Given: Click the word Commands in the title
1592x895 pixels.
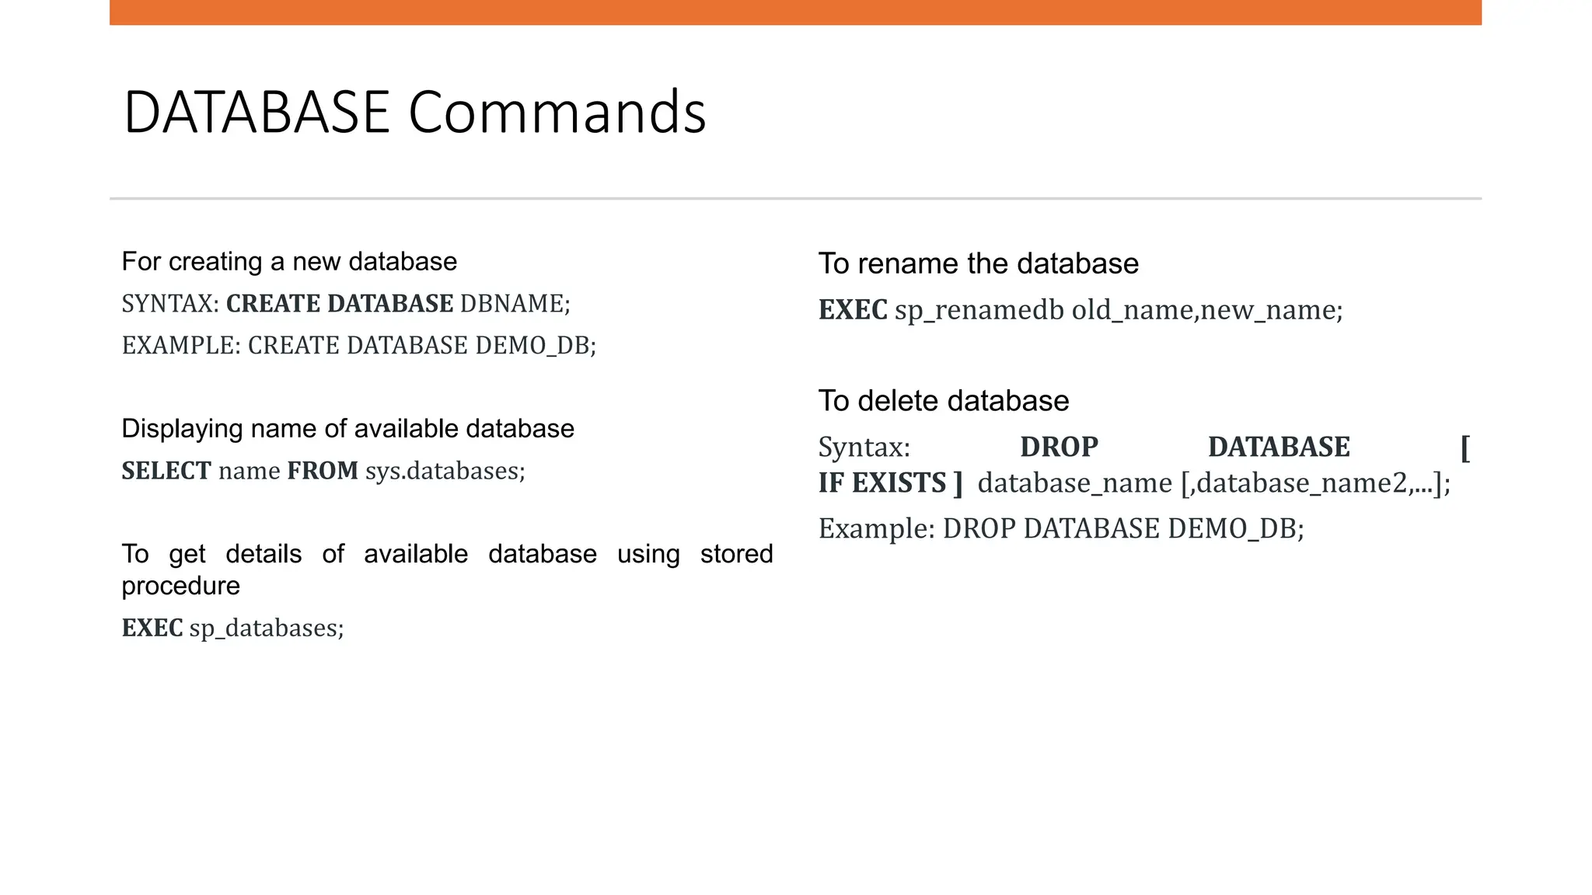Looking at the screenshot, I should click(x=557, y=113).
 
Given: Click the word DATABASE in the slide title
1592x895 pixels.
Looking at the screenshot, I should click(x=257, y=113).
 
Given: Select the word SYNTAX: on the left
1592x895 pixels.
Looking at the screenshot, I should click(x=170, y=304).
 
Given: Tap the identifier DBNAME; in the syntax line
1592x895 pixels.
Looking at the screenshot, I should click(x=515, y=304).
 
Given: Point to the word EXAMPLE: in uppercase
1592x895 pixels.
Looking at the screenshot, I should click(x=181, y=346).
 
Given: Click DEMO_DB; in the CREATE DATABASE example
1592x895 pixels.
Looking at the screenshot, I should click(x=536, y=346).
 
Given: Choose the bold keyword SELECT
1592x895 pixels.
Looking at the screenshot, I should click(x=166, y=471).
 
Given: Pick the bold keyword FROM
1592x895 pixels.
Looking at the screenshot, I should click(x=323, y=471).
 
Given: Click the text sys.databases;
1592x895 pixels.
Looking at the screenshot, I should click(x=445, y=471).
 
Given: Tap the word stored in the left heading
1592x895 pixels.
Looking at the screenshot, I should click(x=736, y=554).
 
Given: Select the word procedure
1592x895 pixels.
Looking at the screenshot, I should click(x=180, y=586).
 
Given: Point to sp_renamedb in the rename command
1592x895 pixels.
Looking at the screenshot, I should click(x=979, y=310).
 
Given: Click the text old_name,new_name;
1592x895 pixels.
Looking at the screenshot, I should click(x=1207, y=310).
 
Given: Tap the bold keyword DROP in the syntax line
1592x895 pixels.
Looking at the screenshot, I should click(x=1059, y=447).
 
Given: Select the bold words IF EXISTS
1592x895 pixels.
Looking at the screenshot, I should click(x=882, y=483).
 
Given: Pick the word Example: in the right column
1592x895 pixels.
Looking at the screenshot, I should click(x=876, y=529).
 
